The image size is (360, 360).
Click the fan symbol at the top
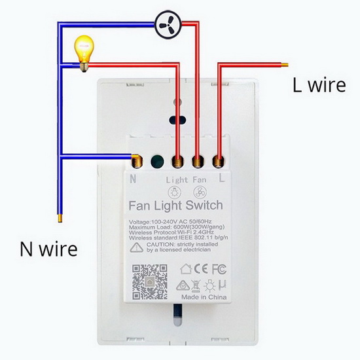(168, 25)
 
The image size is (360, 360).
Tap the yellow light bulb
(84, 53)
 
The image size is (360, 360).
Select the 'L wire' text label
(319, 85)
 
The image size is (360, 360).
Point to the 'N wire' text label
(48, 249)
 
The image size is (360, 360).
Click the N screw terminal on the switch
(137, 162)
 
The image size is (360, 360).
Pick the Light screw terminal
(177, 162)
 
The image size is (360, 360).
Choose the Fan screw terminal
(198, 162)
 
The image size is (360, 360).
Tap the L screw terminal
(219, 162)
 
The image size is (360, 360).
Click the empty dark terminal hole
(157, 162)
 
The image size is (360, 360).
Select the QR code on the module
(149, 282)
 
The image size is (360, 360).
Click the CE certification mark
(201, 269)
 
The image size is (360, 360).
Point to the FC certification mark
(219, 269)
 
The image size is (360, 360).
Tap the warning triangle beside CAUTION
(137, 247)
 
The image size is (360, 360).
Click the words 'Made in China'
(204, 297)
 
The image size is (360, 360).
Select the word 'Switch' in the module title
(204, 206)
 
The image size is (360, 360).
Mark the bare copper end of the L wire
(285, 65)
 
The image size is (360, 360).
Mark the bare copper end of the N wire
(60, 219)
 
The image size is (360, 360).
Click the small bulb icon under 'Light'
(175, 192)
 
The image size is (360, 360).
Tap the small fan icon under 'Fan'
(200, 192)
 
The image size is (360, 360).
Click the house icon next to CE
(186, 269)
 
